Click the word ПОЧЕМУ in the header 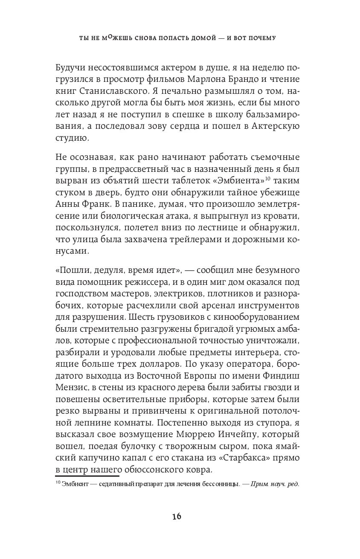260,38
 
